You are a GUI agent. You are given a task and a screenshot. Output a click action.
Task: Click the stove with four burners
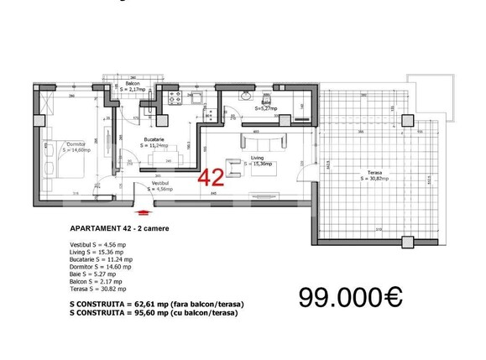[179, 102]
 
